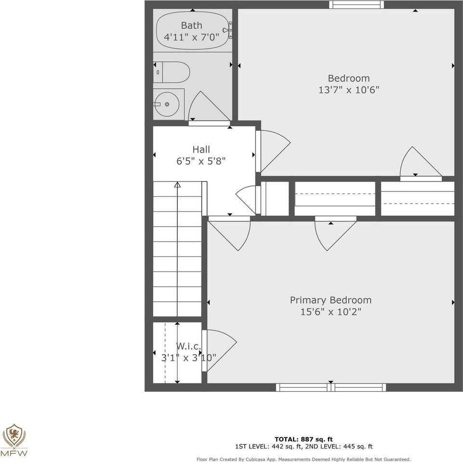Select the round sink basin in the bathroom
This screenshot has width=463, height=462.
tap(166, 104)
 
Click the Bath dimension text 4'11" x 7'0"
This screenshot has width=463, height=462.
tap(192, 37)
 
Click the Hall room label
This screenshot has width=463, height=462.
tap(201, 150)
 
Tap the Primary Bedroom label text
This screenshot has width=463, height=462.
tap(331, 300)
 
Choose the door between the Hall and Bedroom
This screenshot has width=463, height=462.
tap(273, 150)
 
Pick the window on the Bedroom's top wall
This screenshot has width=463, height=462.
tap(357, 5)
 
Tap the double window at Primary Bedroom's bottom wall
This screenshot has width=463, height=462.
tap(331, 387)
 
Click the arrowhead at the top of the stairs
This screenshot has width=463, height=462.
tap(177, 184)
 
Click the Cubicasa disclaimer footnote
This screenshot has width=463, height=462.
tap(304, 459)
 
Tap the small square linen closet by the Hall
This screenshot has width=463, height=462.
tap(275, 198)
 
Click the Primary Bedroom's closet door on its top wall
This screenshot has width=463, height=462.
tap(332, 233)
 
